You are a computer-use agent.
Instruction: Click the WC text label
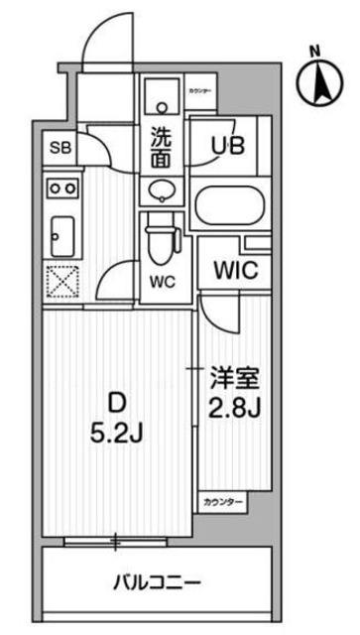click(161, 282)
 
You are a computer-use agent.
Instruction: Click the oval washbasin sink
click(160, 189)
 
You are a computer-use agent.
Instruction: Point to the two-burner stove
click(59, 186)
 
